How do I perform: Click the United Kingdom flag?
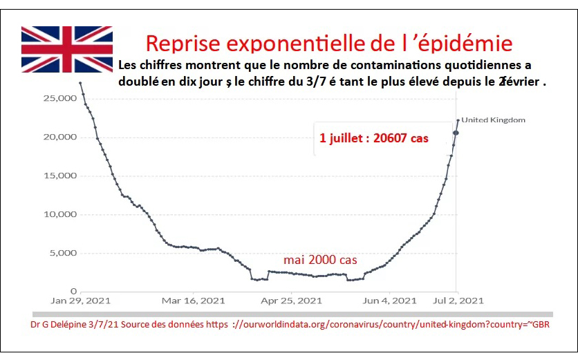[x=67, y=49]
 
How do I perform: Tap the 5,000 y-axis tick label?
[x=60, y=253]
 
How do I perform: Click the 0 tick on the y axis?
[x=73, y=292]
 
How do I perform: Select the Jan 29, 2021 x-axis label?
[x=80, y=301]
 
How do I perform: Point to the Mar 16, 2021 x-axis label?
[x=193, y=301]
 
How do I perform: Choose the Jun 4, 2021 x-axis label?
[x=389, y=301]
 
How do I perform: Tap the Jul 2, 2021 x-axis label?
[x=458, y=301]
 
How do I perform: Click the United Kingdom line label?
[x=493, y=120]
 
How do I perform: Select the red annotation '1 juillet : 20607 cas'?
[x=373, y=138]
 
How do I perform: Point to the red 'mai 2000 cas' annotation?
[x=320, y=260]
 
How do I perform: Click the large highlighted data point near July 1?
[x=456, y=133]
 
